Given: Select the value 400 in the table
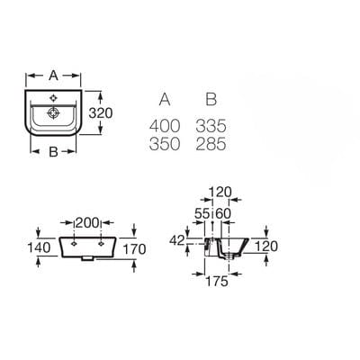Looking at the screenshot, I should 167,125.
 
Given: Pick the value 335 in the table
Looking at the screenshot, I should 211,125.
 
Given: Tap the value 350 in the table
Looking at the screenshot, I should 167,144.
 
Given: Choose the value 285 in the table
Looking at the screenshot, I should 211,144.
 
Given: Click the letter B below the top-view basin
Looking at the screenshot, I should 53,152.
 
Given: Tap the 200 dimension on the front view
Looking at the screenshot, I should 86,221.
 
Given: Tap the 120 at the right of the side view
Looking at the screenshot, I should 266,246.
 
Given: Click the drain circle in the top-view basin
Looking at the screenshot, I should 54,114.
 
